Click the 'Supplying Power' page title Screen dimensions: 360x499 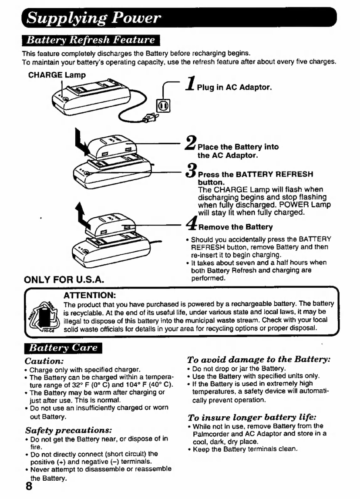point(94,18)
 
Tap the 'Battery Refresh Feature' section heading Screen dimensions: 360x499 point(91,40)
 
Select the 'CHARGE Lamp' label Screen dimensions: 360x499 point(57,75)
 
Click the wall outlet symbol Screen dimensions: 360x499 point(163,106)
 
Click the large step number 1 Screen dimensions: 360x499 point(191,84)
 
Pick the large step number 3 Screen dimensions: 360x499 point(191,170)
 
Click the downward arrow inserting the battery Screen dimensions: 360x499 point(81,142)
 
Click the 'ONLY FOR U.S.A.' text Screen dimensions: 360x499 point(64,280)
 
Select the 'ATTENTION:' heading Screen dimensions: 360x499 point(90,295)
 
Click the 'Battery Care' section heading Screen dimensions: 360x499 point(63,348)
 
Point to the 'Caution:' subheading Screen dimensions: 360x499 point(44,361)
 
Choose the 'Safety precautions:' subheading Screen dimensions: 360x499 point(68,430)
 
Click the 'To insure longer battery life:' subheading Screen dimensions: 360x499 point(252,417)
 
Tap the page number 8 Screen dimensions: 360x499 point(29,486)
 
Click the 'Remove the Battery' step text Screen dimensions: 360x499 point(236,227)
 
